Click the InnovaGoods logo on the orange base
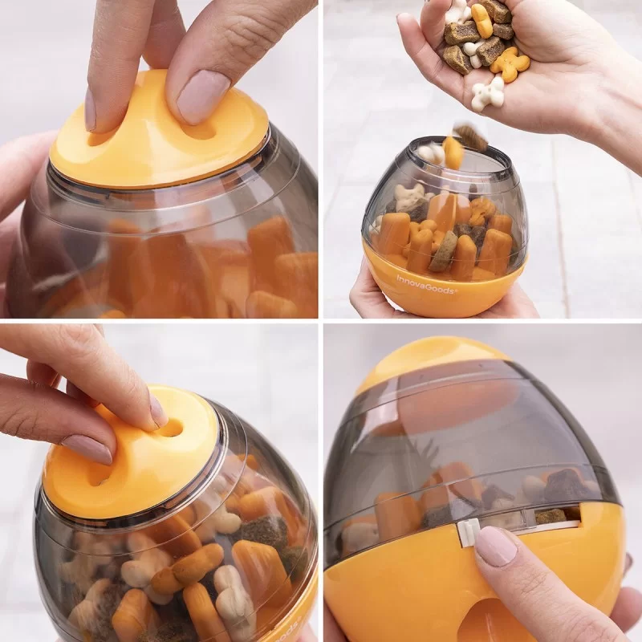pos(426,280)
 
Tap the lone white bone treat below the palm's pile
pos(487,95)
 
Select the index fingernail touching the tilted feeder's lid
pos(157,410)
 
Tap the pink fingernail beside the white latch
pos(496,546)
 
